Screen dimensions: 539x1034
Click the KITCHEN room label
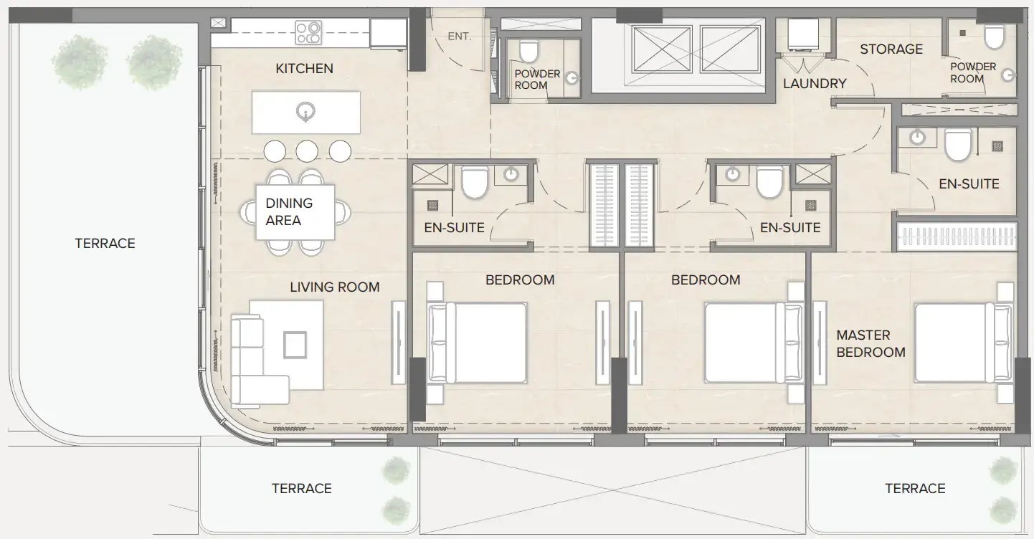coord(304,69)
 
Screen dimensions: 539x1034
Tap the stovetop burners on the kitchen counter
coord(308,32)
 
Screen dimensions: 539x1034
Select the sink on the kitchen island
coord(306,111)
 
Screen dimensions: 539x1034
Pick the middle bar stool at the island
coord(307,151)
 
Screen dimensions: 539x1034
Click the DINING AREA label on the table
coord(289,212)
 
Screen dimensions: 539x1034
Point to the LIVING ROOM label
coord(334,287)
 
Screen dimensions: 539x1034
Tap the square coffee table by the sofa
coord(295,345)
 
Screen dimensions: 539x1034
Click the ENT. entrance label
coord(460,36)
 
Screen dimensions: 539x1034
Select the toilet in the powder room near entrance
coord(528,52)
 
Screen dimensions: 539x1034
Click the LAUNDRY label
coord(815,84)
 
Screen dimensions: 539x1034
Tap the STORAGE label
coord(891,49)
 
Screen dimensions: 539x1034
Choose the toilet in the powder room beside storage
coord(995,37)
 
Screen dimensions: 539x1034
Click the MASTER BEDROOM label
coord(871,344)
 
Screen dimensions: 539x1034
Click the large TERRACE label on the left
coord(105,244)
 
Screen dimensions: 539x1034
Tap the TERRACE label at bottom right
coord(915,489)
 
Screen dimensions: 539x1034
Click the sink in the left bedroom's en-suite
coord(511,174)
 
